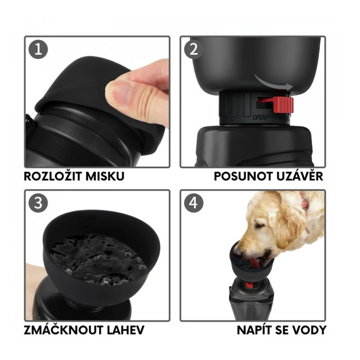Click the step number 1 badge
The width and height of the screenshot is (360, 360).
(x=38, y=49)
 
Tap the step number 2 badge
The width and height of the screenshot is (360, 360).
(x=194, y=49)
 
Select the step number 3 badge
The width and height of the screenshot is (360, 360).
(x=38, y=203)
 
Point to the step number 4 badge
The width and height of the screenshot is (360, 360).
(x=194, y=203)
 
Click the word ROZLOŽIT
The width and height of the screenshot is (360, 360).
(x=53, y=176)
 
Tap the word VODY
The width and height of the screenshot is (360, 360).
(x=309, y=330)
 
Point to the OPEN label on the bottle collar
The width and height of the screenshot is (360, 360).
(x=260, y=118)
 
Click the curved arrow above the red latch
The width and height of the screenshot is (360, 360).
(x=273, y=82)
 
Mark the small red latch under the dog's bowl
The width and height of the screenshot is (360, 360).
(x=249, y=285)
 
